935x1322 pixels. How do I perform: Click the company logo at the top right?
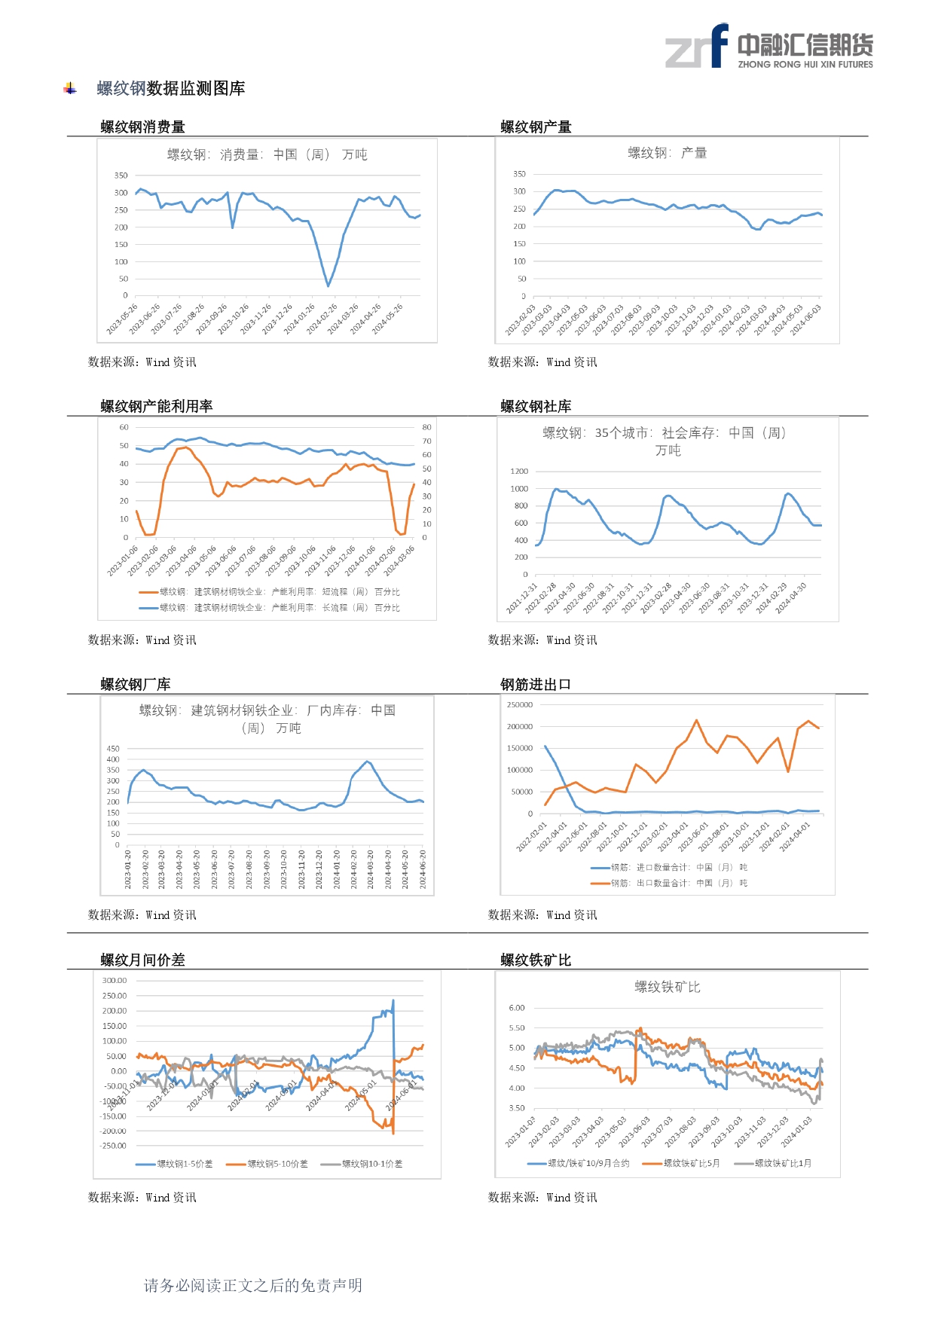coord(768,47)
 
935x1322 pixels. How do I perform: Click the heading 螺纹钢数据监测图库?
coord(171,89)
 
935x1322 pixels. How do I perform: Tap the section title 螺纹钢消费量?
coord(142,127)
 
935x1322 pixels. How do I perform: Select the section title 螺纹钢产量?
coord(536,127)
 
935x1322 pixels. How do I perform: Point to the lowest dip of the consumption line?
coord(328,285)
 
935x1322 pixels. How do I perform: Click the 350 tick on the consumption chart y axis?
coord(121,176)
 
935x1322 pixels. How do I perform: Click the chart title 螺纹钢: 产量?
coord(667,153)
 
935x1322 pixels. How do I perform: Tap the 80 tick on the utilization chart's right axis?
coord(426,427)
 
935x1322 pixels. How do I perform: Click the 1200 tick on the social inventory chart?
coord(519,472)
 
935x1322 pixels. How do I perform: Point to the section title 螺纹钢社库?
coord(536,406)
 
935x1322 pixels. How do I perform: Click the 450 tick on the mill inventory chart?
coord(113,749)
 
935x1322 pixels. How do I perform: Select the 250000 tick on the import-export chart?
coord(520,705)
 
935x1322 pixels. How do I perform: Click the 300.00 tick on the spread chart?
coord(115,981)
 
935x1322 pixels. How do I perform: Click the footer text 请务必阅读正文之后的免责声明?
coord(253,1285)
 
